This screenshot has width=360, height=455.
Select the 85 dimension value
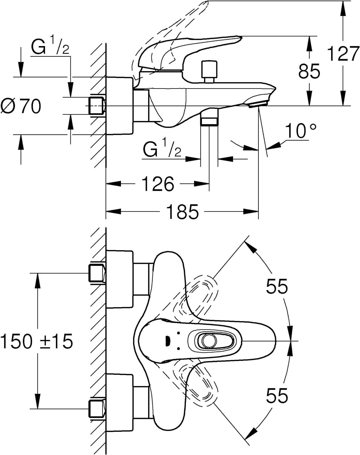point(309,71)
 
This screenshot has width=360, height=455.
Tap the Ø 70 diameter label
point(21,106)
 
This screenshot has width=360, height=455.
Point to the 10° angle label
point(301,130)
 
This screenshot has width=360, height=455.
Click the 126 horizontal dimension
point(158,184)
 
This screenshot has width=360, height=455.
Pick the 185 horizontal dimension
point(183,211)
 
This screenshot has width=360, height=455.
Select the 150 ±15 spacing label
point(37,341)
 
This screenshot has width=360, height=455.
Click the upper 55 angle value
point(277,286)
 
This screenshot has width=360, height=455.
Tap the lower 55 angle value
point(277,395)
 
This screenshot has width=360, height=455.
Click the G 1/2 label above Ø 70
point(50,47)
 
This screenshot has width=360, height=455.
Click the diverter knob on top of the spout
point(209,72)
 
